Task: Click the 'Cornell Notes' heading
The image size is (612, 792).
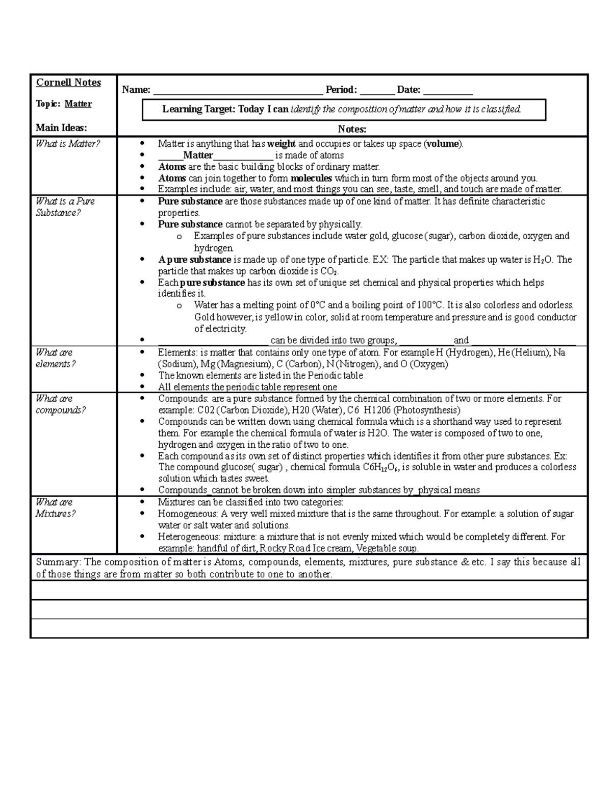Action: [68, 83]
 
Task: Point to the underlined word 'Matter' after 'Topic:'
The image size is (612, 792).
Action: [78, 104]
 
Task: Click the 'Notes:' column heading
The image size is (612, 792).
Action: [352, 130]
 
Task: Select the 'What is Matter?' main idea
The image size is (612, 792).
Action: [68, 144]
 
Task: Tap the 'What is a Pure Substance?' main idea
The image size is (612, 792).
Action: [65, 207]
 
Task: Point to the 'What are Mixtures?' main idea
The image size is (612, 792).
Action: [55, 508]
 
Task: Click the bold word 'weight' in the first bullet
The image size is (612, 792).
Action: [281, 144]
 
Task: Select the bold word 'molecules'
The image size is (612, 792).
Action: [311, 178]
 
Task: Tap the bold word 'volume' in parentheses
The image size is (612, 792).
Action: [443, 144]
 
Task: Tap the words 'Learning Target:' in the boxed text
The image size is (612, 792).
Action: [199, 109]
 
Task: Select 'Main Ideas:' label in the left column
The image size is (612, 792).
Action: [61, 128]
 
